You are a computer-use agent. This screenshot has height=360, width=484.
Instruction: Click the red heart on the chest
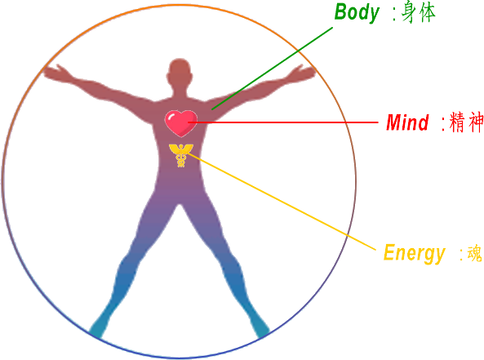click(181, 123)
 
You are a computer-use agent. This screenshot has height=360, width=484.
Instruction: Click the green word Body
click(357, 13)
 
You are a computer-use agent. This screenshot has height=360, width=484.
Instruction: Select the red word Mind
click(407, 122)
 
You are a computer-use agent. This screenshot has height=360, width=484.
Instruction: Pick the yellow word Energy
click(415, 254)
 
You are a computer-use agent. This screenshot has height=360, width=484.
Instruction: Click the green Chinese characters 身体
click(419, 13)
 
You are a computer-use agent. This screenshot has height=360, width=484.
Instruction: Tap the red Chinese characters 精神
click(466, 122)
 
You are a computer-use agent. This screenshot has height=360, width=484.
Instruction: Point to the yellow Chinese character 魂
click(475, 253)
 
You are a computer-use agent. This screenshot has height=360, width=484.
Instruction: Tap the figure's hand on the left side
click(56, 73)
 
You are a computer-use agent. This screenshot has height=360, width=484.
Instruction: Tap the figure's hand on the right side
click(303, 73)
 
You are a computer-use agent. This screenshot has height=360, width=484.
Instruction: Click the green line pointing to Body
click(273, 69)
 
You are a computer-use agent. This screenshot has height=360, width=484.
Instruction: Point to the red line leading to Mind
click(283, 122)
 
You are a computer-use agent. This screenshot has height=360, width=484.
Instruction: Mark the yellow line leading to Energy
click(282, 201)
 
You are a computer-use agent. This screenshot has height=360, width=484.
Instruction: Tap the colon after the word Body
click(394, 15)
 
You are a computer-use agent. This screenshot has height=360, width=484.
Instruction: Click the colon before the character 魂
click(461, 254)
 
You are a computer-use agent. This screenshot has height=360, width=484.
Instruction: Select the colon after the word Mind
click(443, 124)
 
